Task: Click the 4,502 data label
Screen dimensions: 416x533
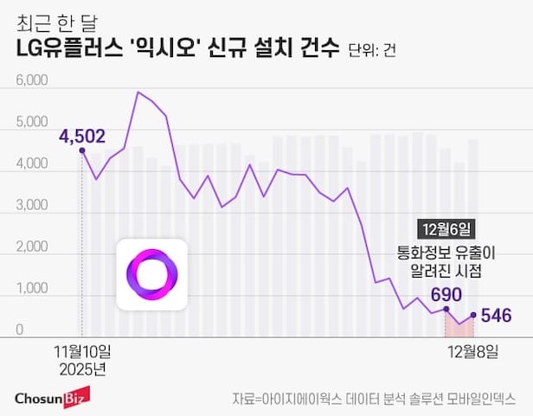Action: pyautogui.click(x=82, y=135)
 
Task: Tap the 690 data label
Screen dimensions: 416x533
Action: pyautogui.click(x=446, y=294)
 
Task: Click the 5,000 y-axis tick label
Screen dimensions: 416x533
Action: pyautogui.click(x=32, y=123)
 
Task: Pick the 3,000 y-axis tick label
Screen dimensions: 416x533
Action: pyautogui.click(x=32, y=207)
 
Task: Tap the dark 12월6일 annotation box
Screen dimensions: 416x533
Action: pyautogui.click(x=446, y=229)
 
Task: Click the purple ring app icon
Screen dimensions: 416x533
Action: pyautogui.click(x=151, y=275)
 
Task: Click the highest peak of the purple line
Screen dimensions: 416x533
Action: pyautogui.click(x=138, y=92)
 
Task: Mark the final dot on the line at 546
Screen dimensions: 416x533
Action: pyautogui.click(x=473, y=315)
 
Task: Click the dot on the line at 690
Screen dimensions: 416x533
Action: pyautogui.click(x=446, y=309)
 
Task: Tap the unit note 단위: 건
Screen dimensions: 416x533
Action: pyautogui.click(x=372, y=51)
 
